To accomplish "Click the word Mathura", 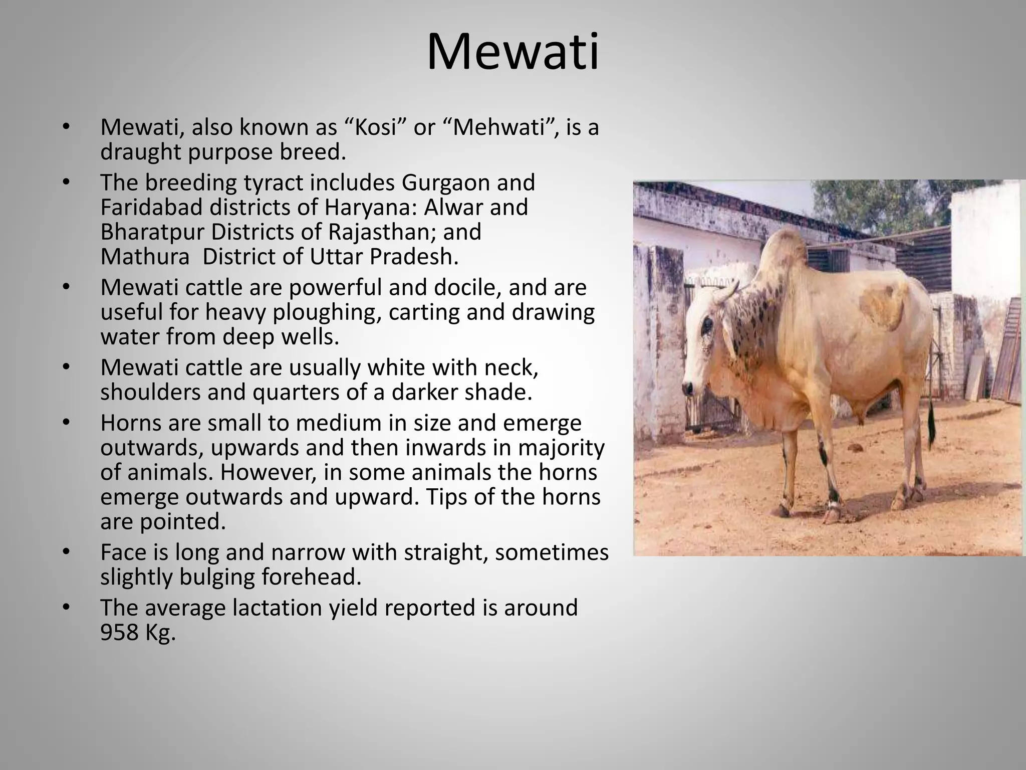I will pyautogui.click(x=145, y=257).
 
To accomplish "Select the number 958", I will pyautogui.click(x=119, y=633).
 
